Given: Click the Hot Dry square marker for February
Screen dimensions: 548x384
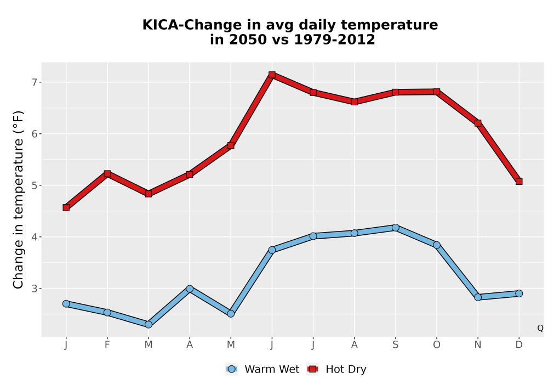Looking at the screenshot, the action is [x=107, y=173].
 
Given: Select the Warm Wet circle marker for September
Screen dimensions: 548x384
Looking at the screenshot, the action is [x=395, y=228].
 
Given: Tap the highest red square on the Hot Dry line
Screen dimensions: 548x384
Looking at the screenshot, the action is [x=272, y=75].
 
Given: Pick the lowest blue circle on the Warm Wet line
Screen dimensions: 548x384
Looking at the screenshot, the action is [x=148, y=325].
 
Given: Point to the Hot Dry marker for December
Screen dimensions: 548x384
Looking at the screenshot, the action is [x=519, y=181].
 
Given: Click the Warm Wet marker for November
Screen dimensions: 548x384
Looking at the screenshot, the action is [x=478, y=297].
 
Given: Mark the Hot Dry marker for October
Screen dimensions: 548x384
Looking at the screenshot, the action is [x=437, y=92].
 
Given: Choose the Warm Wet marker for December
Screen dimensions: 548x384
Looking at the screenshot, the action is [x=519, y=293].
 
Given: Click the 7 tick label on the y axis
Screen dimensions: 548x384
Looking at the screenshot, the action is [x=34, y=82].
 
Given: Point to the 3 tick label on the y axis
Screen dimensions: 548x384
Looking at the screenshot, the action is [x=34, y=289].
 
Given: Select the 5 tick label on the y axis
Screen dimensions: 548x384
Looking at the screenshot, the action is [x=34, y=185].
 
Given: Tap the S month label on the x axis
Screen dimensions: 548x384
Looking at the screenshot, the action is [x=395, y=345].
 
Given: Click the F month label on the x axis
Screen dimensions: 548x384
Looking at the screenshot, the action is [x=107, y=345].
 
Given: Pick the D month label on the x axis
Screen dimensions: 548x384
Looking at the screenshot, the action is [x=519, y=345].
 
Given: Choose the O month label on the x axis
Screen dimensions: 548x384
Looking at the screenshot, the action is [x=437, y=345].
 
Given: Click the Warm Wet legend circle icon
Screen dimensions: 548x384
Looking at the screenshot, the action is [x=231, y=369].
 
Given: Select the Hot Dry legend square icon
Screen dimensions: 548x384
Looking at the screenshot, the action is [x=312, y=369].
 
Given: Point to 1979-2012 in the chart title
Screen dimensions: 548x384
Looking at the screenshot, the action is [x=334, y=39].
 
